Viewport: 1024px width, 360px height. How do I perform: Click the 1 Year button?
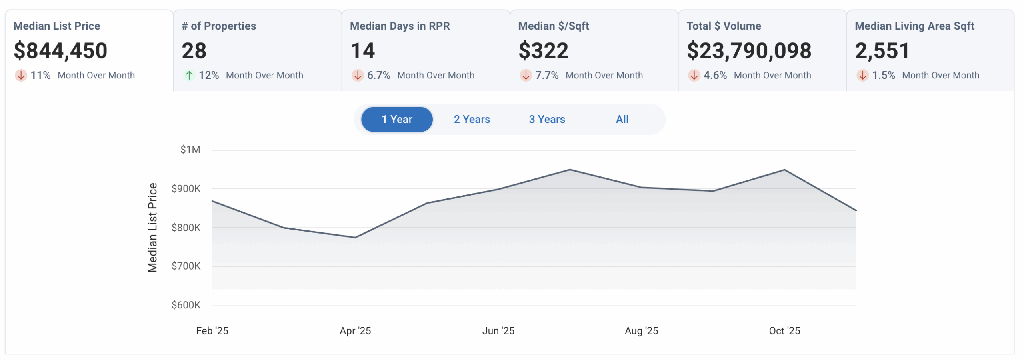[x=396, y=119]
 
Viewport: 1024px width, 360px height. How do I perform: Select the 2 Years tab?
[x=472, y=119]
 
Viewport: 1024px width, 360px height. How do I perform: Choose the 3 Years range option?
[x=547, y=119]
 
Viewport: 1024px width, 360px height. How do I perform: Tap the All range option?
[x=622, y=119]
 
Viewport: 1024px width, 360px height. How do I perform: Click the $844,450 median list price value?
[x=60, y=51]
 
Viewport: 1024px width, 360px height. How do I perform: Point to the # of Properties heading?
[x=219, y=26]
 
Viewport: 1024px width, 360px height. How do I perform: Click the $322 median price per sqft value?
[x=543, y=51]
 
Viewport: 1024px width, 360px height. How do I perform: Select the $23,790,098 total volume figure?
[x=749, y=51]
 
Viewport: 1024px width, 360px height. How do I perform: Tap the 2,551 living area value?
[x=882, y=51]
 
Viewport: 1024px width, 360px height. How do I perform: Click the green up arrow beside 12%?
[x=189, y=75]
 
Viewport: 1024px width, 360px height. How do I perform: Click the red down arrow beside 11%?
[x=21, y=75]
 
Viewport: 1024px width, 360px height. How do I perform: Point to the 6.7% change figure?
[x=378, y=75]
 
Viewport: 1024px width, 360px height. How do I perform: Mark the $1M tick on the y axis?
[x=190, y=150]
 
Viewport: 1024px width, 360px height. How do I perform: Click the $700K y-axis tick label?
[x=186, y=266]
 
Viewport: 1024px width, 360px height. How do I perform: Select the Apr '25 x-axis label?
[x=355, y=331]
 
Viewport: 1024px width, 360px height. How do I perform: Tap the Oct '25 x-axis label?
[x=784, y=331]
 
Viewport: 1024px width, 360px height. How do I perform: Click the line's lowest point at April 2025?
[x=355, y=238]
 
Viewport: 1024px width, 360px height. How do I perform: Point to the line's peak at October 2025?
[x=784, y=170]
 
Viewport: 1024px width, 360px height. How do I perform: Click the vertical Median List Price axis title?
[x=152, y=228]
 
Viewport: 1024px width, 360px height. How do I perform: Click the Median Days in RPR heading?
[x=400, y=26]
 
